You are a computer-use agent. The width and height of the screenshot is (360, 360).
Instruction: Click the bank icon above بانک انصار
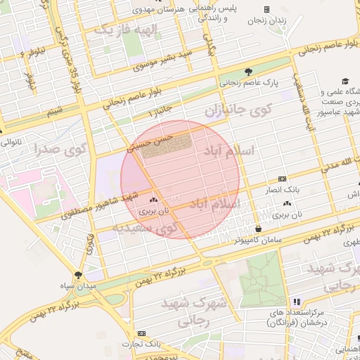[x=282, y=179]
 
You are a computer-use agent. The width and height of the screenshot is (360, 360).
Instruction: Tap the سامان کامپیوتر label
[x=259, y=240]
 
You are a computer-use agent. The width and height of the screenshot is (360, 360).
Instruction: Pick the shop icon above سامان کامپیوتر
[x=259, y=229]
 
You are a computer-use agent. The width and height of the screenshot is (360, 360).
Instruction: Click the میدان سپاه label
[x=78, y=287]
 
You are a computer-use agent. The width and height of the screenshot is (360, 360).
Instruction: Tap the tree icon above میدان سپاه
[x=78, y=275]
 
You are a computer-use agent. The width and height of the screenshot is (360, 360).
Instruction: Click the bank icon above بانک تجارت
[x=142, y=333]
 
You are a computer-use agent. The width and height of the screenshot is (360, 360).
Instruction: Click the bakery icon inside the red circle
[x=153, y=200]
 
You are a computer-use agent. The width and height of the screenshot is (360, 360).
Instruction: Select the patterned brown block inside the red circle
[x=166, y=147]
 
